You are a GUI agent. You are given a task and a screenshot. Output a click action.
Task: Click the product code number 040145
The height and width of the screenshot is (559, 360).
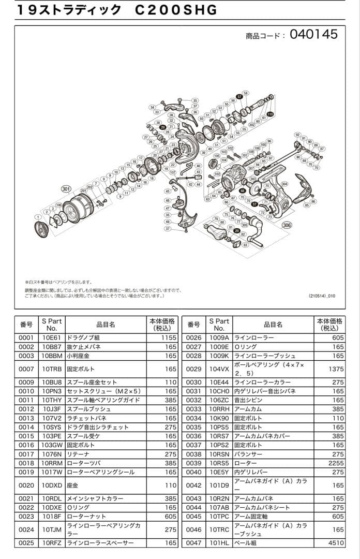(313, 34)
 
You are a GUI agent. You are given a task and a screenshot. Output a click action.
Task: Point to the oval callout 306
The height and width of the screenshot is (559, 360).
(287, 225)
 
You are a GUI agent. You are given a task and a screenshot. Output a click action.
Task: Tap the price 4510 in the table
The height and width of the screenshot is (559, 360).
(336, 543)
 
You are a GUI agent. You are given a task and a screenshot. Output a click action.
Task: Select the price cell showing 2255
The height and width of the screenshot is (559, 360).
(336, 463)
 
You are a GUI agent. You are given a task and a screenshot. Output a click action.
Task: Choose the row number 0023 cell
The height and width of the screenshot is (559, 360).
(26, 516)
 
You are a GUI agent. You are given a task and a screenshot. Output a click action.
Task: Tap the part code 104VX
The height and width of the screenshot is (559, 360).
(219, 369)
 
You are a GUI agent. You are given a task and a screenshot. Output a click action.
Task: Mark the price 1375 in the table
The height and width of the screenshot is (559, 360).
(336, 369)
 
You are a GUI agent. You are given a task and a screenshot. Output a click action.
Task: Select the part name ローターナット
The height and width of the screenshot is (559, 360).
(87, 516)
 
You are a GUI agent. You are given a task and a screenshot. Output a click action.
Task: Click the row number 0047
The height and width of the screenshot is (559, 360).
(193, 543)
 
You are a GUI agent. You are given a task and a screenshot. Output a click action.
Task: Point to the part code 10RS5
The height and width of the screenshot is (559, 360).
(219, 463)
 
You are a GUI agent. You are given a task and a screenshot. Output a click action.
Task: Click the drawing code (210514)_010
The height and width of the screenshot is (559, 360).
(322, 296)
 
